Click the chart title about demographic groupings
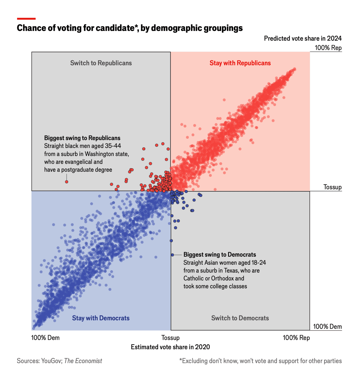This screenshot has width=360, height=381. click(x=130, y=28)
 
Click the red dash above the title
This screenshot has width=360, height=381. click(x=26, y=19)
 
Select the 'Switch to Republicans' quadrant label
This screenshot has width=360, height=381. click(x=101, y=63)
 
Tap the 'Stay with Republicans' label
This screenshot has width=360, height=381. click(x=240, y=63)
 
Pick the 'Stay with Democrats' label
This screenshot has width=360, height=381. click(x=101, y=318)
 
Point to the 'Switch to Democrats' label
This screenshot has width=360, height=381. click(x=240, y=318)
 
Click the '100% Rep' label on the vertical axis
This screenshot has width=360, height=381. click(x=328, y=48)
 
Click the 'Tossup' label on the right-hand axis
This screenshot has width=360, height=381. click(x=332, y=187)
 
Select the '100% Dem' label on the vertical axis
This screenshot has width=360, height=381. click(x=327, y=326)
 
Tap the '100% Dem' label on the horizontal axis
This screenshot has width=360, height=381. click(x=45, y=338)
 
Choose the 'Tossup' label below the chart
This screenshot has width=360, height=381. click(x=170, y=338)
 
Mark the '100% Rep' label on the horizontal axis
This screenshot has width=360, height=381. click(x=296, y=338)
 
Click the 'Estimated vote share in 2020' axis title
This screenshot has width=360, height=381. click(x=170, y=347)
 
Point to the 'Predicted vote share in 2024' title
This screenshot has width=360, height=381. click(x=303, y=38)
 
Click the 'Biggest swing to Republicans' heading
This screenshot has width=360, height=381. click(x=82, y=138)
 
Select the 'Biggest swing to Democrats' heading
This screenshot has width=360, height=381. click(x=220, y=255)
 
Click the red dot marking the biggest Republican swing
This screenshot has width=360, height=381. click(x=67, y=182)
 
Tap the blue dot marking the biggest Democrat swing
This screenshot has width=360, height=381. click(x=172, y=255)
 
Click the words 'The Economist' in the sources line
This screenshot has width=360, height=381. click(x=83, y=361)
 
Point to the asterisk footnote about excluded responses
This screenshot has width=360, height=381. click(x=260, y=361)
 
